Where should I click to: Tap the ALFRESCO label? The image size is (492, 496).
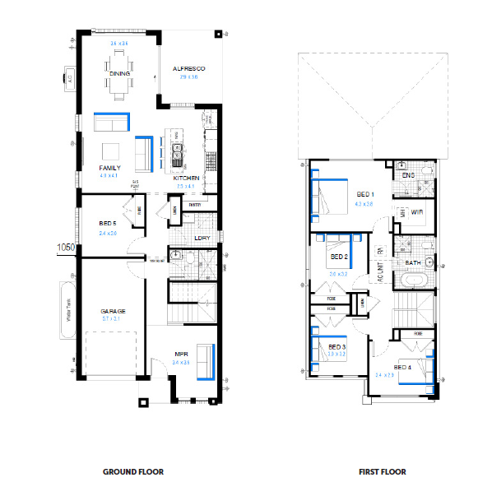coord(188,68)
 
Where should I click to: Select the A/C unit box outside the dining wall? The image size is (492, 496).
coord(69,80)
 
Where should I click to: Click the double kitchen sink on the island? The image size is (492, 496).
coord(175,151)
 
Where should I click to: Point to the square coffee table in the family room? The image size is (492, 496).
coord(112,151)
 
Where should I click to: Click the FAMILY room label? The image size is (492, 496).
coord(109,168)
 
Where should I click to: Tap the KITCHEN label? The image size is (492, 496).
coord(185,178)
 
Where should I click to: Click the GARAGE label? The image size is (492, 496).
coord(113,312)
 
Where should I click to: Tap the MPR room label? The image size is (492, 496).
coord(182,355)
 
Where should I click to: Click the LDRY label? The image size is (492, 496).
coord(201,239)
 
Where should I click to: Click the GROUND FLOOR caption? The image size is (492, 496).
coord(132,472)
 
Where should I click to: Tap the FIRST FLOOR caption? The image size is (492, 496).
coord(382,472)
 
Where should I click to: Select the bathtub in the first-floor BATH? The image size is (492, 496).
coord(413,280)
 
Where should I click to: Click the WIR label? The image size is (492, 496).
coord(416,212)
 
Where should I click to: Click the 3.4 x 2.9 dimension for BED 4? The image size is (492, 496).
coord(385,374)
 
